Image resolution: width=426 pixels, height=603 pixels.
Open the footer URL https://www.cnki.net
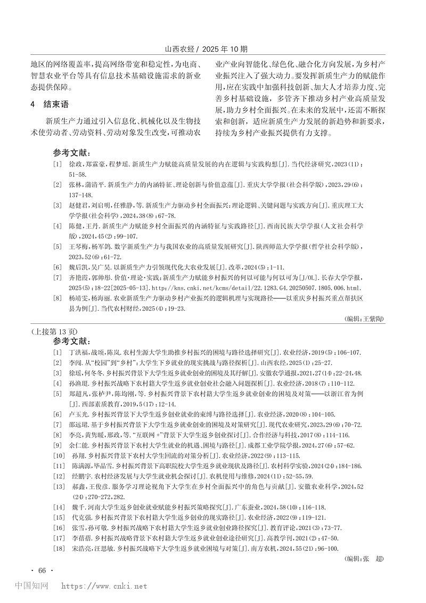pos(104,586)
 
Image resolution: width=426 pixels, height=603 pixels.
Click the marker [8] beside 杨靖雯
pos(57,298)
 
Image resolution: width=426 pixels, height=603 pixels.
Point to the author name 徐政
pos(76,165)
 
